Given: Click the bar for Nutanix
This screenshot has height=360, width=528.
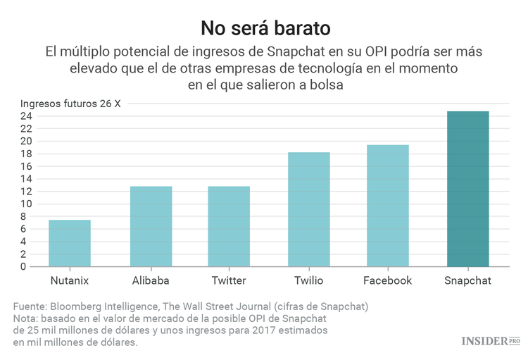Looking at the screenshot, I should [x=70, y=243].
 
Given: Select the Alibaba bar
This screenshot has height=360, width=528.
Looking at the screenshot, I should [x=151, y=226].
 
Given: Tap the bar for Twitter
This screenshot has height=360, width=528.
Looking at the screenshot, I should [x=229, y=226].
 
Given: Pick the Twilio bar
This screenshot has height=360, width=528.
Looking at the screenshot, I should [x=308, y=209].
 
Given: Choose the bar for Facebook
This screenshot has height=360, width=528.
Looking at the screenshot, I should [x=387, y=206].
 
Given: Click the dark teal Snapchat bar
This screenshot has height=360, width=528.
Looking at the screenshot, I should [x=468, y=189].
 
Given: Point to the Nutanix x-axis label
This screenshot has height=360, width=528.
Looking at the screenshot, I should [x=70, y=280].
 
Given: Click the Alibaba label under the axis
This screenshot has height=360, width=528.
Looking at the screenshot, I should [x=151, y=280].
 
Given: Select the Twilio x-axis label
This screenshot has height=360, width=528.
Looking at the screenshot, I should [x=308, y=280].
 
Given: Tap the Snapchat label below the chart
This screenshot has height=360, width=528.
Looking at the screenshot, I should [x=468, y=280].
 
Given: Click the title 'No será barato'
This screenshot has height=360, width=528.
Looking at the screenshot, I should [x=264, y=27].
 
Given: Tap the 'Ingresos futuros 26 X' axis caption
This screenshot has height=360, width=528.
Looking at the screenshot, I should [x=70, y=103].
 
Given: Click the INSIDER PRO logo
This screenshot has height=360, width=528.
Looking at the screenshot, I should [x=490, y=342].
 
